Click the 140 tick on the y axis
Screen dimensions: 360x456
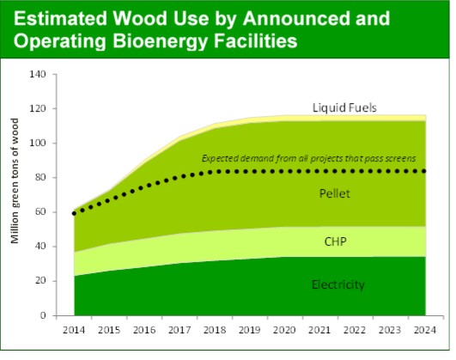coord(36,74)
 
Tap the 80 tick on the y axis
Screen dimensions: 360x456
coord(39,178)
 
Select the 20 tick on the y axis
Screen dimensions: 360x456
coord(39,281)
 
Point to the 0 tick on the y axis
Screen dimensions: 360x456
coord(41,315)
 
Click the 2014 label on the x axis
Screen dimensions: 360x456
coord(74,329)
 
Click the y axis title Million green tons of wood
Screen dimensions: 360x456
coord(15,194)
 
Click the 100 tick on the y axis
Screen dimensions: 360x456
coord(36,143)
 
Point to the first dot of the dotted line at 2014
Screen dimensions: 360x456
coord(74,213)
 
